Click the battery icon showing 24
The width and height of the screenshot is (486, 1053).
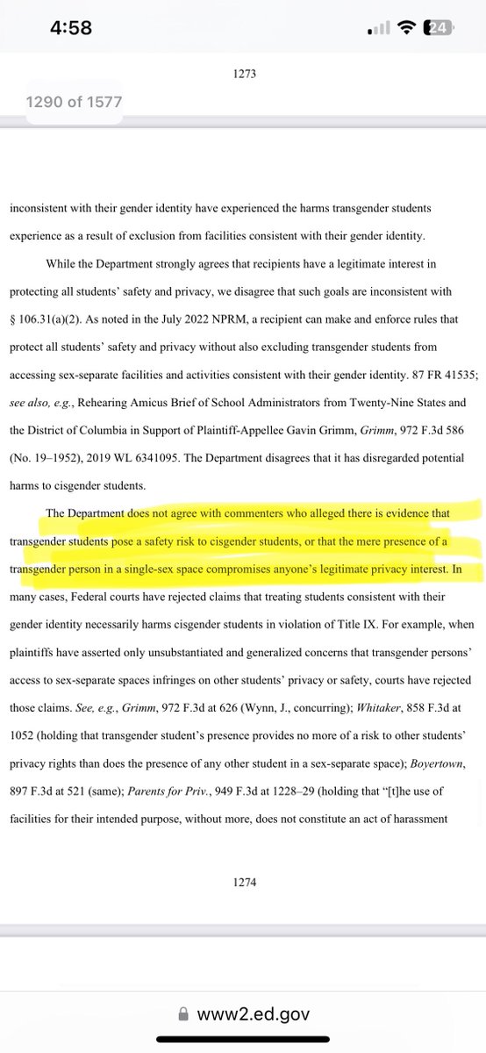click(x=438, y=28)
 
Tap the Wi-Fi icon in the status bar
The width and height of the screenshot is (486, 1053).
click(x=407, y=28)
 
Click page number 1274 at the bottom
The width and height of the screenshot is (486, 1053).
click(x=243, y=884)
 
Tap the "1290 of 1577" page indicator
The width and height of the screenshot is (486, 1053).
click(x=75, y=102)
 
